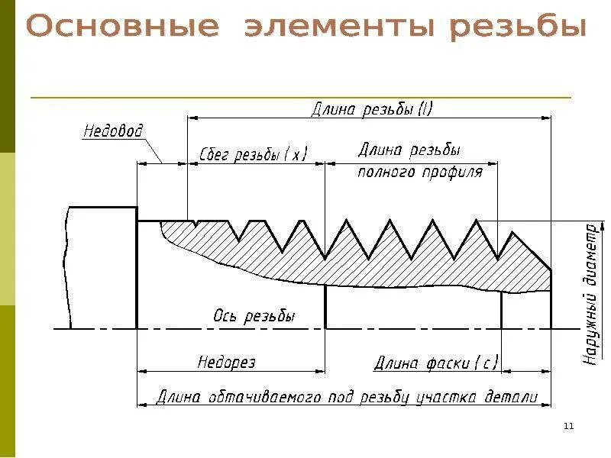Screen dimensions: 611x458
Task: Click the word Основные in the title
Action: pyautogui.click(x=122, y=29)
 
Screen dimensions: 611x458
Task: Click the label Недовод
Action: pyautogui.click(x=113, y=131)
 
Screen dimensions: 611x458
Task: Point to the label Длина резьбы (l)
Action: pyautogui.click(x=372, y=109)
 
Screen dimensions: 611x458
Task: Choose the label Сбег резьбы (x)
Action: pyautogui.click(x=253, y=154)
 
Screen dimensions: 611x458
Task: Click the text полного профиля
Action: pyautogui.click(x=420, y=173)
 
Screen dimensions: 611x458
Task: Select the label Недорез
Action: pyautogui.click(x=226, y=362)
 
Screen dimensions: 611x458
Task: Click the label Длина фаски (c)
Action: pyautogui.click(x=435, y=363)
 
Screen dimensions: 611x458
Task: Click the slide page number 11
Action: pyautogui.click(x=567, y=425)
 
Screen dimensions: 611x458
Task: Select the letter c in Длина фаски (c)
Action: pyautogui.click(x=485, y=363)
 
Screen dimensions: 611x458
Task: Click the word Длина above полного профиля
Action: pyautogui.click(x=379, y=151)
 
